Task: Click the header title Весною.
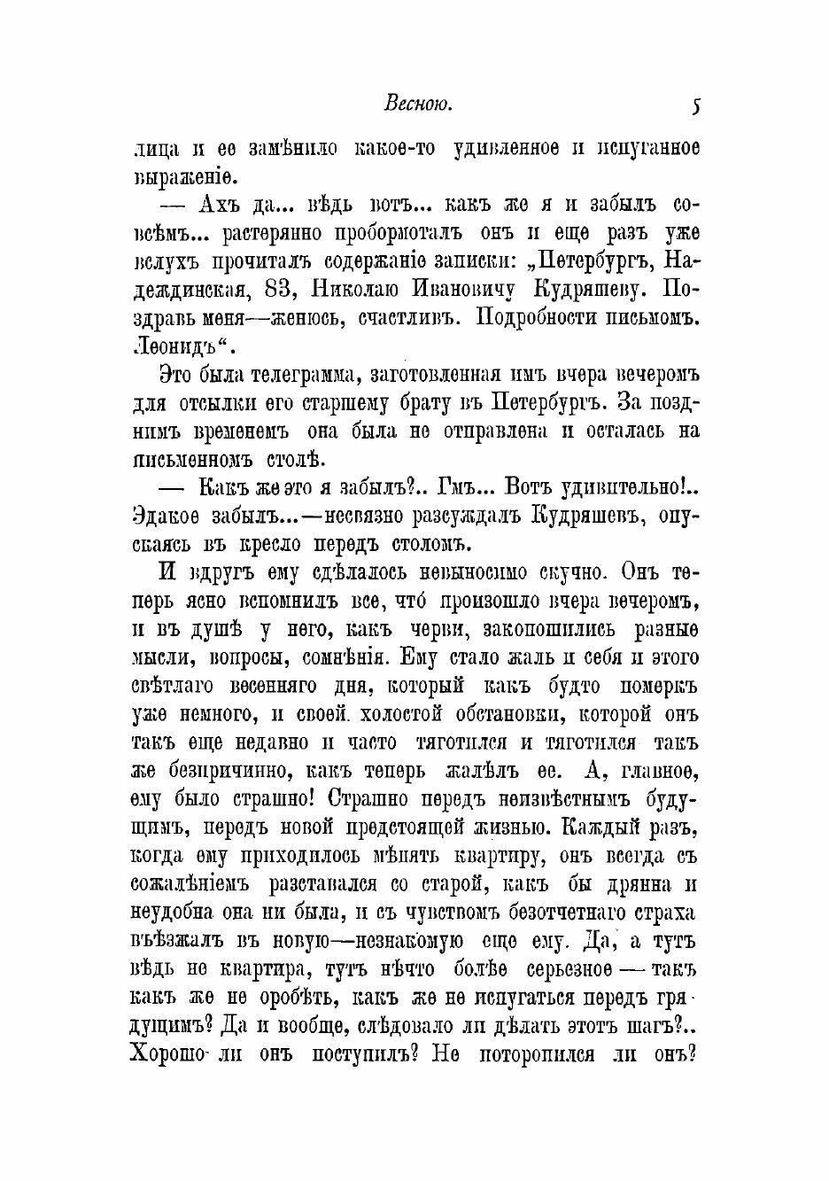tap(419, 105)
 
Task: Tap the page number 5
tap(696, 106)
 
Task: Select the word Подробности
tap(538, 316)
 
